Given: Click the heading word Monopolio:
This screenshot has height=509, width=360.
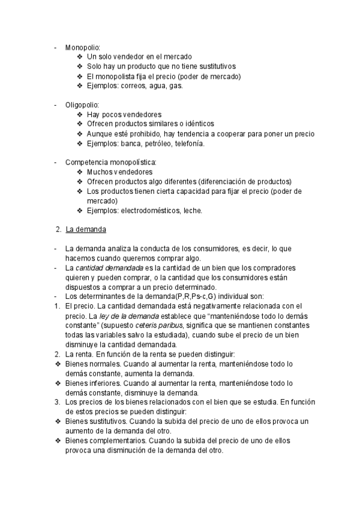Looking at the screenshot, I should click(83, 47).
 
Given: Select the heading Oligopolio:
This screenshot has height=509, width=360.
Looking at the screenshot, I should click(82, 105).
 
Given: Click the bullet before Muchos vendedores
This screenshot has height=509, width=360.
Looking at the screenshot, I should click(80, 172).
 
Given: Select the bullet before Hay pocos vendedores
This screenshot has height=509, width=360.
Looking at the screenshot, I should click(80, 115).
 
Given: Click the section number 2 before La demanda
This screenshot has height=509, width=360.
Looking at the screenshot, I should click(57, 229).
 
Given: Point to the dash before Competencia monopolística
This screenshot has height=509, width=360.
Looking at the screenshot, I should click(55, 163).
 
